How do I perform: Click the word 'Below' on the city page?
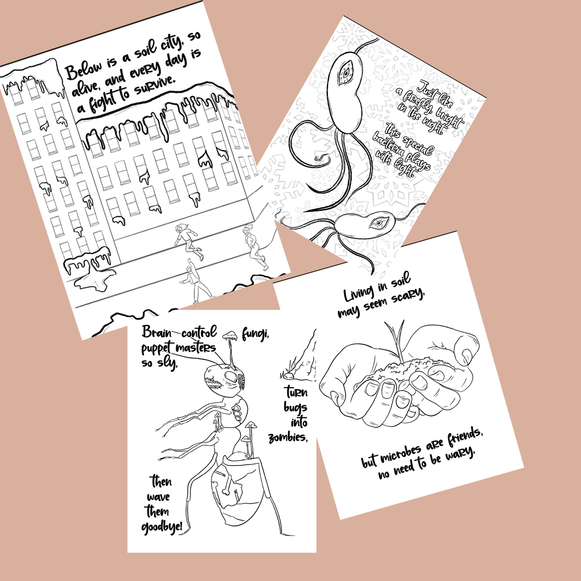83,70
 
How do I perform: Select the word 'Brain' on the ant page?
156,332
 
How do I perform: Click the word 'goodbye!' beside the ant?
162,527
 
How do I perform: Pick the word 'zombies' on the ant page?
287,438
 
